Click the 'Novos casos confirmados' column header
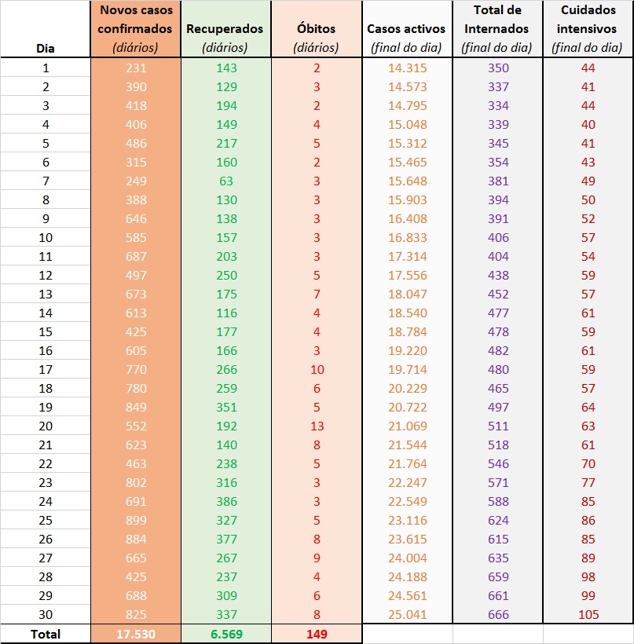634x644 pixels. (135, 29)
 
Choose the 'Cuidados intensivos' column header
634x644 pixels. (588, 29)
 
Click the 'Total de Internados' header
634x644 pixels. (497, 29)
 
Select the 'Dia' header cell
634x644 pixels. (46, 47)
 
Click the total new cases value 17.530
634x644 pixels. (135, 634)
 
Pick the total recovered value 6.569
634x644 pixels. (225, 634)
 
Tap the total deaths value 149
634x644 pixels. (316, 634)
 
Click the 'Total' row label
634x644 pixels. (45, 634)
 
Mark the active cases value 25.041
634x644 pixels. (407, 614)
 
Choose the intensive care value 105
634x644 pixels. (588, 614)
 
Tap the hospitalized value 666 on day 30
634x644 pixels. (497, 614)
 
